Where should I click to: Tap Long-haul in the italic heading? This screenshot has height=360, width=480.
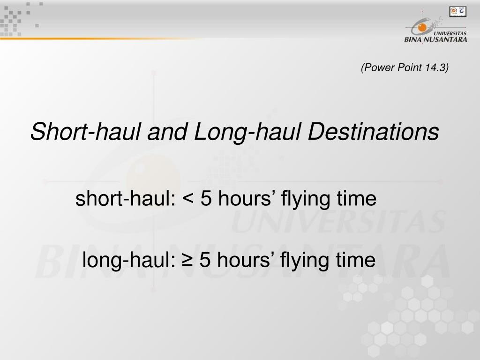249,132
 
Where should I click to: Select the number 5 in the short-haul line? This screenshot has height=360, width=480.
205,200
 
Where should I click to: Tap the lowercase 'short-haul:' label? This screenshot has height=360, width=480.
125,200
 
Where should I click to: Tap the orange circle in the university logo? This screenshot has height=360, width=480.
422,28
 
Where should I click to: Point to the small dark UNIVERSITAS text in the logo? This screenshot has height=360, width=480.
450,33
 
